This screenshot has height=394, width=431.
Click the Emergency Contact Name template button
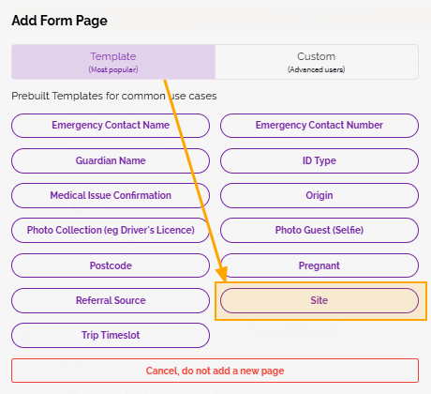pyautogui.click(x=111, y=126)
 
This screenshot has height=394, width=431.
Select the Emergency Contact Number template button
pyautogui.click(x=320, y=126)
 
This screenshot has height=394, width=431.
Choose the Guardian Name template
pyautogui.click(x=111, y=160)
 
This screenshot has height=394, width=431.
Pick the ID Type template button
pyautogui.click(x=320, y=160)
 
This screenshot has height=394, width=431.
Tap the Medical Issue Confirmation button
pyautogui.click(x=111, y=195)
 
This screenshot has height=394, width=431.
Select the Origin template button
pyautogui.click(x=320, y=195)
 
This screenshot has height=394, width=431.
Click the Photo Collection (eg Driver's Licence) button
pyautogui.click(x=111, y=230)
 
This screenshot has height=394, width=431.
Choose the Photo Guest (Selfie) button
pyautogui.click(x=320, y=230)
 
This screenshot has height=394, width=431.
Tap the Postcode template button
pyautogui.click(x=111, y=265)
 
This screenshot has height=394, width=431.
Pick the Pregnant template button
pyautogui.click(x=320, y=265)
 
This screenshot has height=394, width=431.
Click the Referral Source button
pyautogui.click(x=111, y=300)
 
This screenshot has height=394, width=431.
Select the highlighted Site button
pyautogui.click(x=320, y=300)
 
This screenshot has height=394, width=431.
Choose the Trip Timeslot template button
pyautogui.click(x=111, y=335)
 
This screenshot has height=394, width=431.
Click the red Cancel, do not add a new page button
pyautogui.click(x=215, y=371)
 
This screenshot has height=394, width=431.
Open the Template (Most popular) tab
pyautogui.click(x=113, y=62)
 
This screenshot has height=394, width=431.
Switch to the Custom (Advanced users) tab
pyautogui.click(x=317, y=62)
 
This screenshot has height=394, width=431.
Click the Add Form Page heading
pyautogui.click(x=59, y=21)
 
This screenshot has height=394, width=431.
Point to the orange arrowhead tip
pyautogui.click(x=225, y=281)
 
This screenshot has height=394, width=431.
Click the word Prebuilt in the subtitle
pyautogui.click(x=31, y=96)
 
